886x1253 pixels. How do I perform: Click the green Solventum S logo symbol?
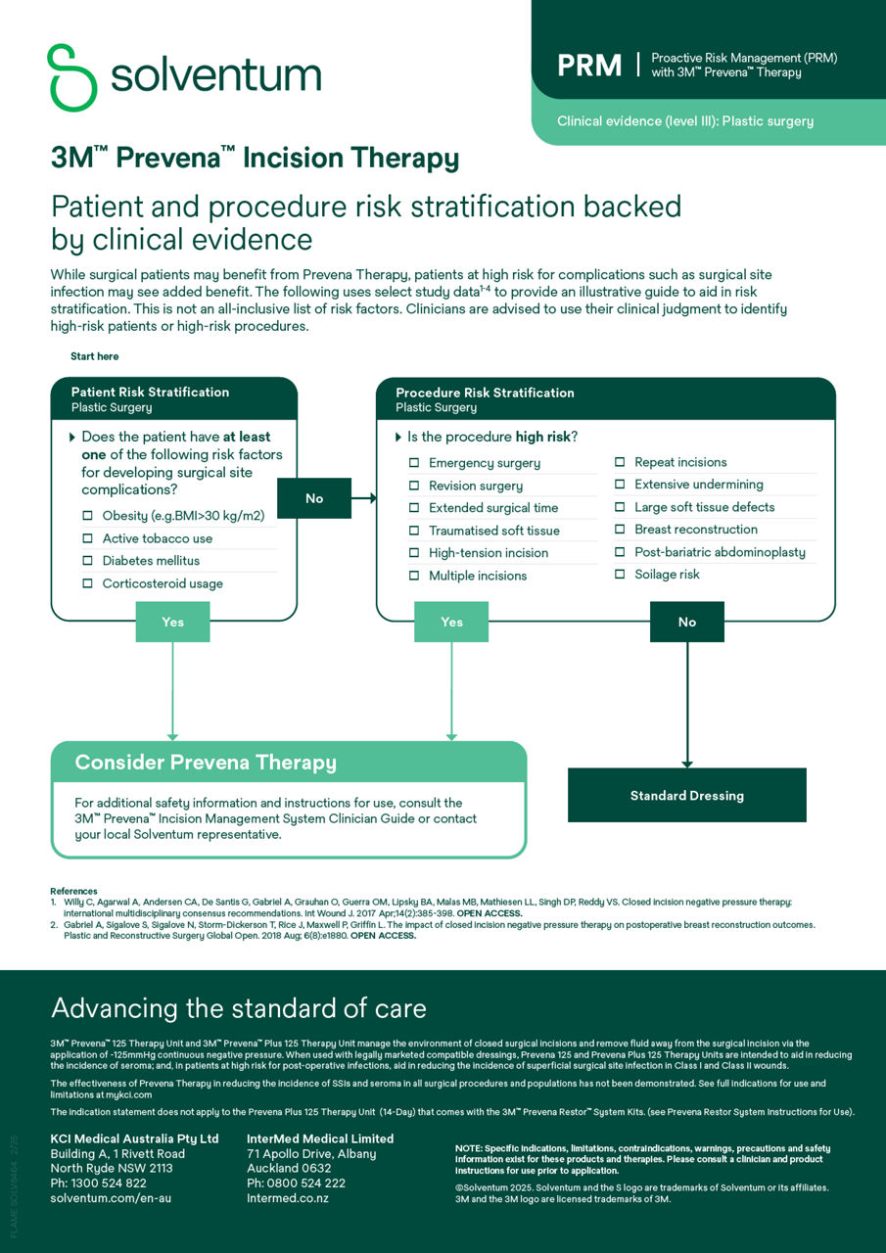[x=73, y=77]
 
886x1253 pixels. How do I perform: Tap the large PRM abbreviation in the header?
[x=589, y=66]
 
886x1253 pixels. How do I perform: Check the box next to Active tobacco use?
[x=88, y=538]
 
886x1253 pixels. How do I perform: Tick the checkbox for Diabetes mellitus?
[x=88, y=561]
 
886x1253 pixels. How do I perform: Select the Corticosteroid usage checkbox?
[x=88, y=583]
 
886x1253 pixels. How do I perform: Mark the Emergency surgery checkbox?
[x=414, y=463]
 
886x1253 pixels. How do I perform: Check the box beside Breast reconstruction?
[x=620, y=530]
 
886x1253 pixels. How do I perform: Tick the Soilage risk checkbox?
[x=620, y=575]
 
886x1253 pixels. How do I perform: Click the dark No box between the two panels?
[x=313, y=498]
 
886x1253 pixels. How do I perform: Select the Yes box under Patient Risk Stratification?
[x=172, y=622]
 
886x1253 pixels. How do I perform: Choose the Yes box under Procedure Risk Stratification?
[x=451, y=622]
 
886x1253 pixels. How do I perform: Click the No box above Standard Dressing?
[x=686, y=622]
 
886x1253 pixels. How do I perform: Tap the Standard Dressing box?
[x=686, y=796]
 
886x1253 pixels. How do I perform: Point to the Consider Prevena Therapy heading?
[x=206, y=763]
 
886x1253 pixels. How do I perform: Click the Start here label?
[x=94, y=356]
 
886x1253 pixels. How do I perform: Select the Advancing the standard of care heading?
[x=238, y=1008]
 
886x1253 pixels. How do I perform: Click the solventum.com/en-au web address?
[x=111, y=1198]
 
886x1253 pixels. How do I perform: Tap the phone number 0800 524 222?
[x=296, y=1183]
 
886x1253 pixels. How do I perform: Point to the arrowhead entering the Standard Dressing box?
[x=686, y=764]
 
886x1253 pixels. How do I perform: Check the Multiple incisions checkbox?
[x=414, y=576]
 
